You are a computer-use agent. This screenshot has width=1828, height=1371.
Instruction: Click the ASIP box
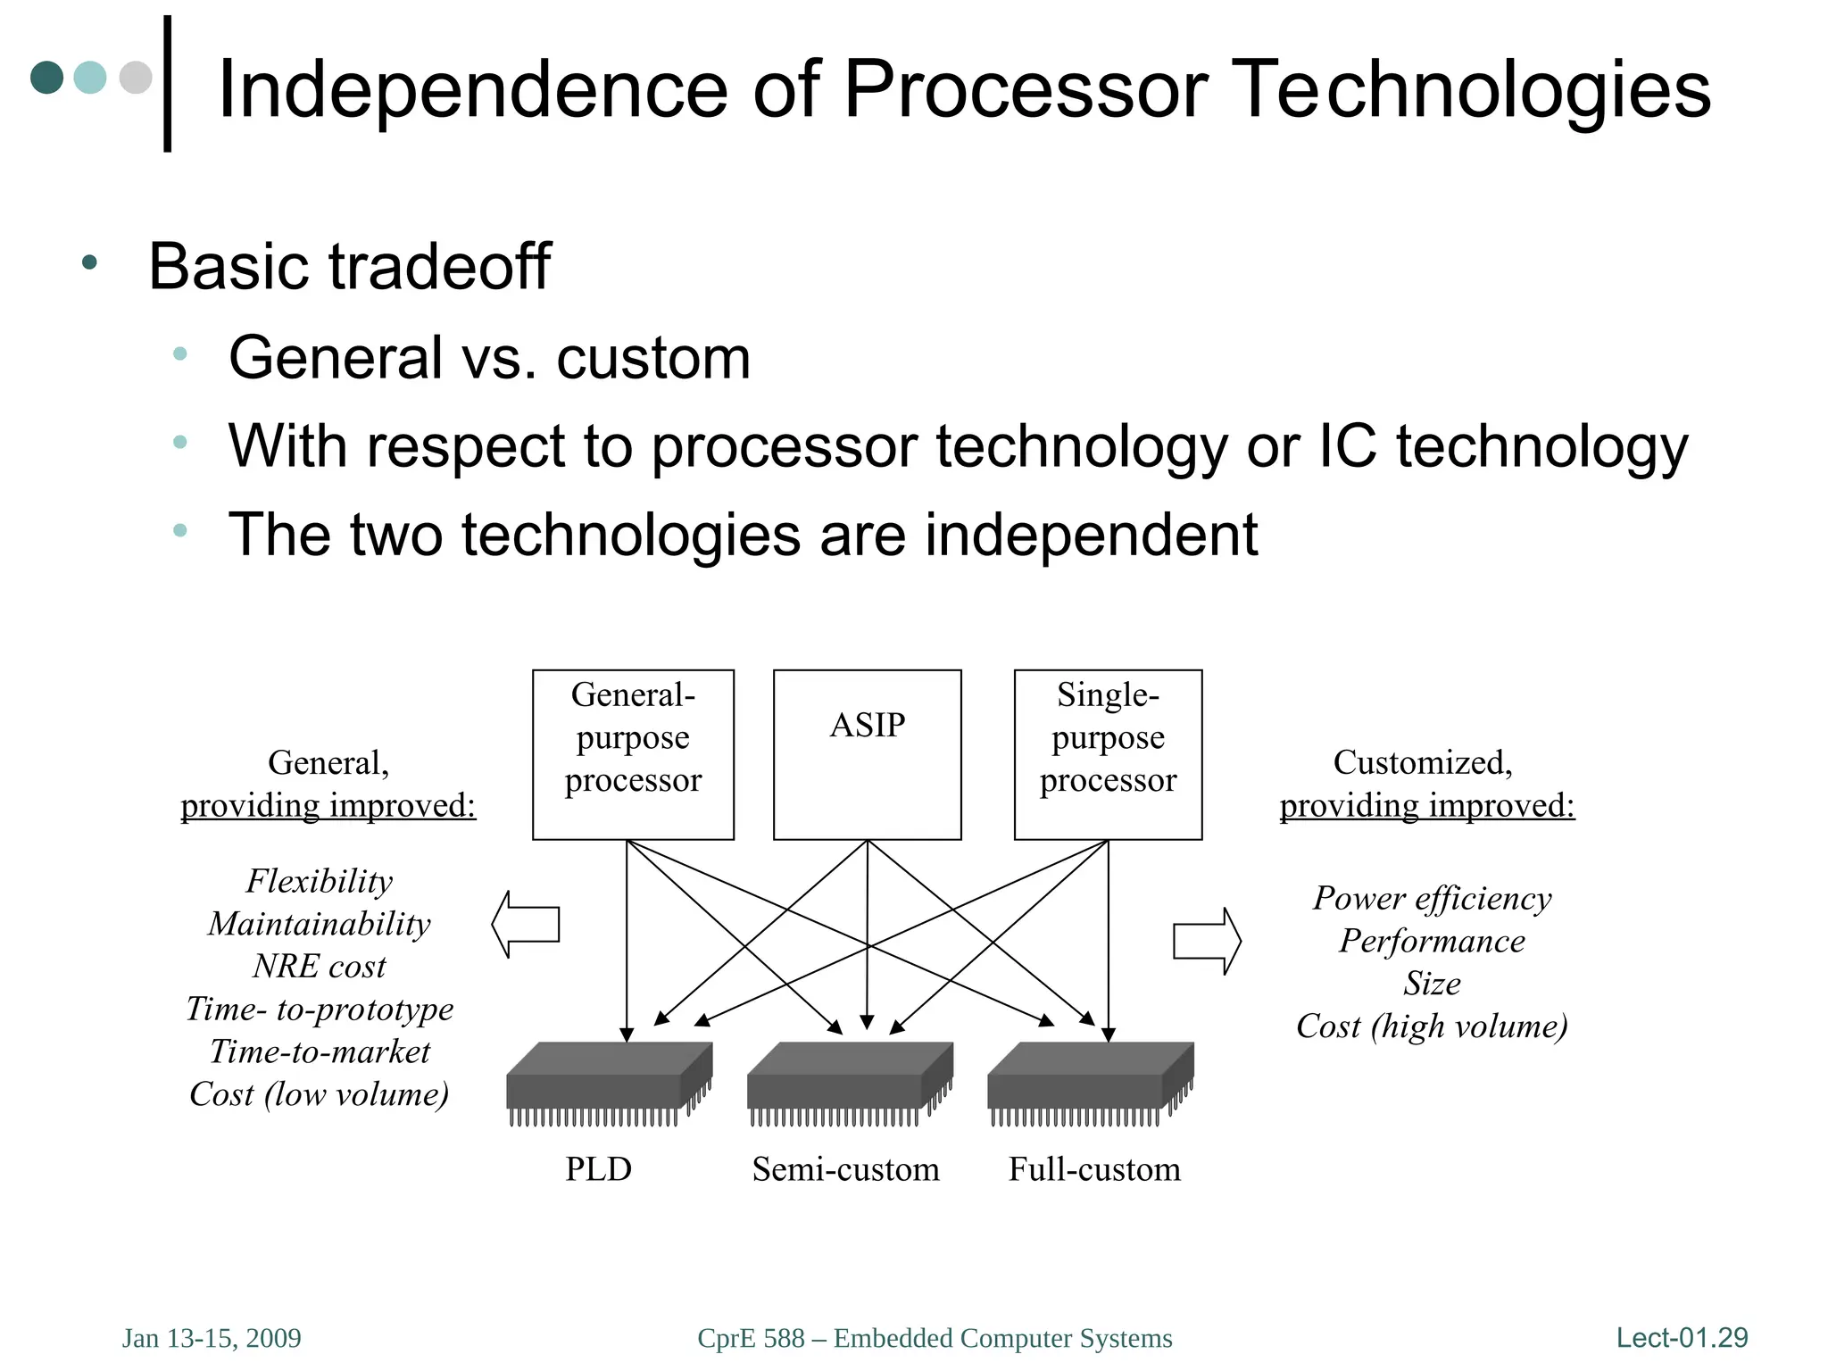click(x=867, y=754)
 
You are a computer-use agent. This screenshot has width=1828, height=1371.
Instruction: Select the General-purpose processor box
click(x=633, y=754)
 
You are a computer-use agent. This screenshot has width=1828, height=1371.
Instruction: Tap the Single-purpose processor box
click(x=1108, y=754)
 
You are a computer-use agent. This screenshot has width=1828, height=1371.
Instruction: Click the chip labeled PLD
click(x=609, y=1082)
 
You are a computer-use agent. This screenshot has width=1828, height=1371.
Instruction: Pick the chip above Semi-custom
click(x=849, y=1082)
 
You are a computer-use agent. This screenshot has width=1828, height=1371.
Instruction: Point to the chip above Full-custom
click(x=1090, y=1082)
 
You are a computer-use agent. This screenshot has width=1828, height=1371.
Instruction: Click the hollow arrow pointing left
click(x=527, y=924)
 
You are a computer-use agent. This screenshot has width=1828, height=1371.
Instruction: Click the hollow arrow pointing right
click(x=1206, y=941)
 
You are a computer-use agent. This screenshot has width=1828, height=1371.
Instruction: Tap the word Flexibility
click(x=319, y=881)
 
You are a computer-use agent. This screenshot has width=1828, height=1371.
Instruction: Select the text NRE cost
click(x=319, y=967)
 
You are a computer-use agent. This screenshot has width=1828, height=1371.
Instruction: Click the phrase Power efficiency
click(x=1432, y=898)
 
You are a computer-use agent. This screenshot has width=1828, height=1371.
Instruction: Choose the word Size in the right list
click(x=1432, y=984)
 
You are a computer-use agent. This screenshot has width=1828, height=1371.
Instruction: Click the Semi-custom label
click(x=845, y=1169)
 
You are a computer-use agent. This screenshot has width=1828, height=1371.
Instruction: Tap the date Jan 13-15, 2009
click(x=212, y=1338)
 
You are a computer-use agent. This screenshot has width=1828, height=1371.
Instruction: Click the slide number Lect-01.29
click(x=1682, y=1337)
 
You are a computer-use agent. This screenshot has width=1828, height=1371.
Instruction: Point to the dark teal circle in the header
click(x=47, y=77)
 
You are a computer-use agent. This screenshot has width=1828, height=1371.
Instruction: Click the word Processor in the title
click(x=1026, y=88)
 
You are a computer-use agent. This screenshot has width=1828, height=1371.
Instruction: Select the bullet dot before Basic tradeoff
click(x=88, y=262)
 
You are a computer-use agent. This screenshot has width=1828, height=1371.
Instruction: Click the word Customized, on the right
click(x=1423, y=762)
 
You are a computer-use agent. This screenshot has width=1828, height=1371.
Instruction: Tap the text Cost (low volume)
click(x=319, y=1094)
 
